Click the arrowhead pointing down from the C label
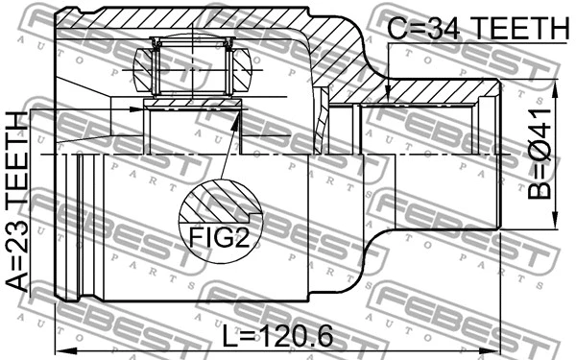tap(386, 95)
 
